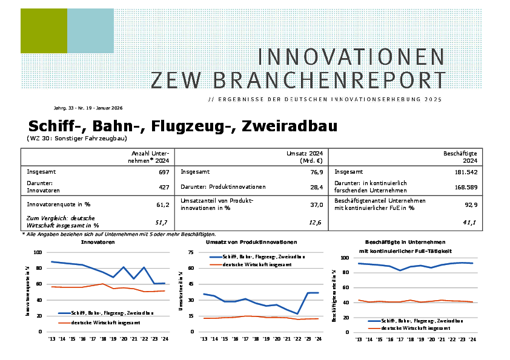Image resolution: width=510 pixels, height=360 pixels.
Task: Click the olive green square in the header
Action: coord(44,31)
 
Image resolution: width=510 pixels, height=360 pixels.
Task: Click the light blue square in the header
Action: coord(90,31)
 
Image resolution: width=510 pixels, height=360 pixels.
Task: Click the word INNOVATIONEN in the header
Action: coord(351,57)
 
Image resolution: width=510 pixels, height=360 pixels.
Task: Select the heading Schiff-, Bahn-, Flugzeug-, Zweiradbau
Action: coord(182,126)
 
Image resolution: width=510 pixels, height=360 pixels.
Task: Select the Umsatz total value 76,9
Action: coord(316,172)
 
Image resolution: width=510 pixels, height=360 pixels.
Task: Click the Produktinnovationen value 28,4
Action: coord(316,186)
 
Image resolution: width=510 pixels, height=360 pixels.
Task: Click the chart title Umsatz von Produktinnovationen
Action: coord(251,242)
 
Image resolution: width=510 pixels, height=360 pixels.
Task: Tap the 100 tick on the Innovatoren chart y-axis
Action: coord(38,252)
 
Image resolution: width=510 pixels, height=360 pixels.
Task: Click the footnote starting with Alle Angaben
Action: coord(120,234)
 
